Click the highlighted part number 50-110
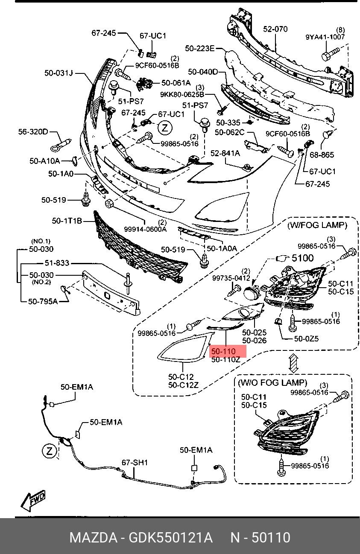click(223, 351)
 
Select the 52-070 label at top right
click(275, 29)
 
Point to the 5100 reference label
click(302, 258)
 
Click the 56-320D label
click(33, 131)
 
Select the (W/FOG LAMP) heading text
click(316, 225)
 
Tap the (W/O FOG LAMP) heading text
click(272, 383)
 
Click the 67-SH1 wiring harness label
click(135, 462)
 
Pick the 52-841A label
click(225, 153)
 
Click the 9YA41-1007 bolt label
click(325, 37)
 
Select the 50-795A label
click(43, 301)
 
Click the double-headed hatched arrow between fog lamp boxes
click(293, 363)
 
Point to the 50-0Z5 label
click(306, 338)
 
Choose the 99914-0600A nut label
click(145, 229)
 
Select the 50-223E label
click(199, 49)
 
